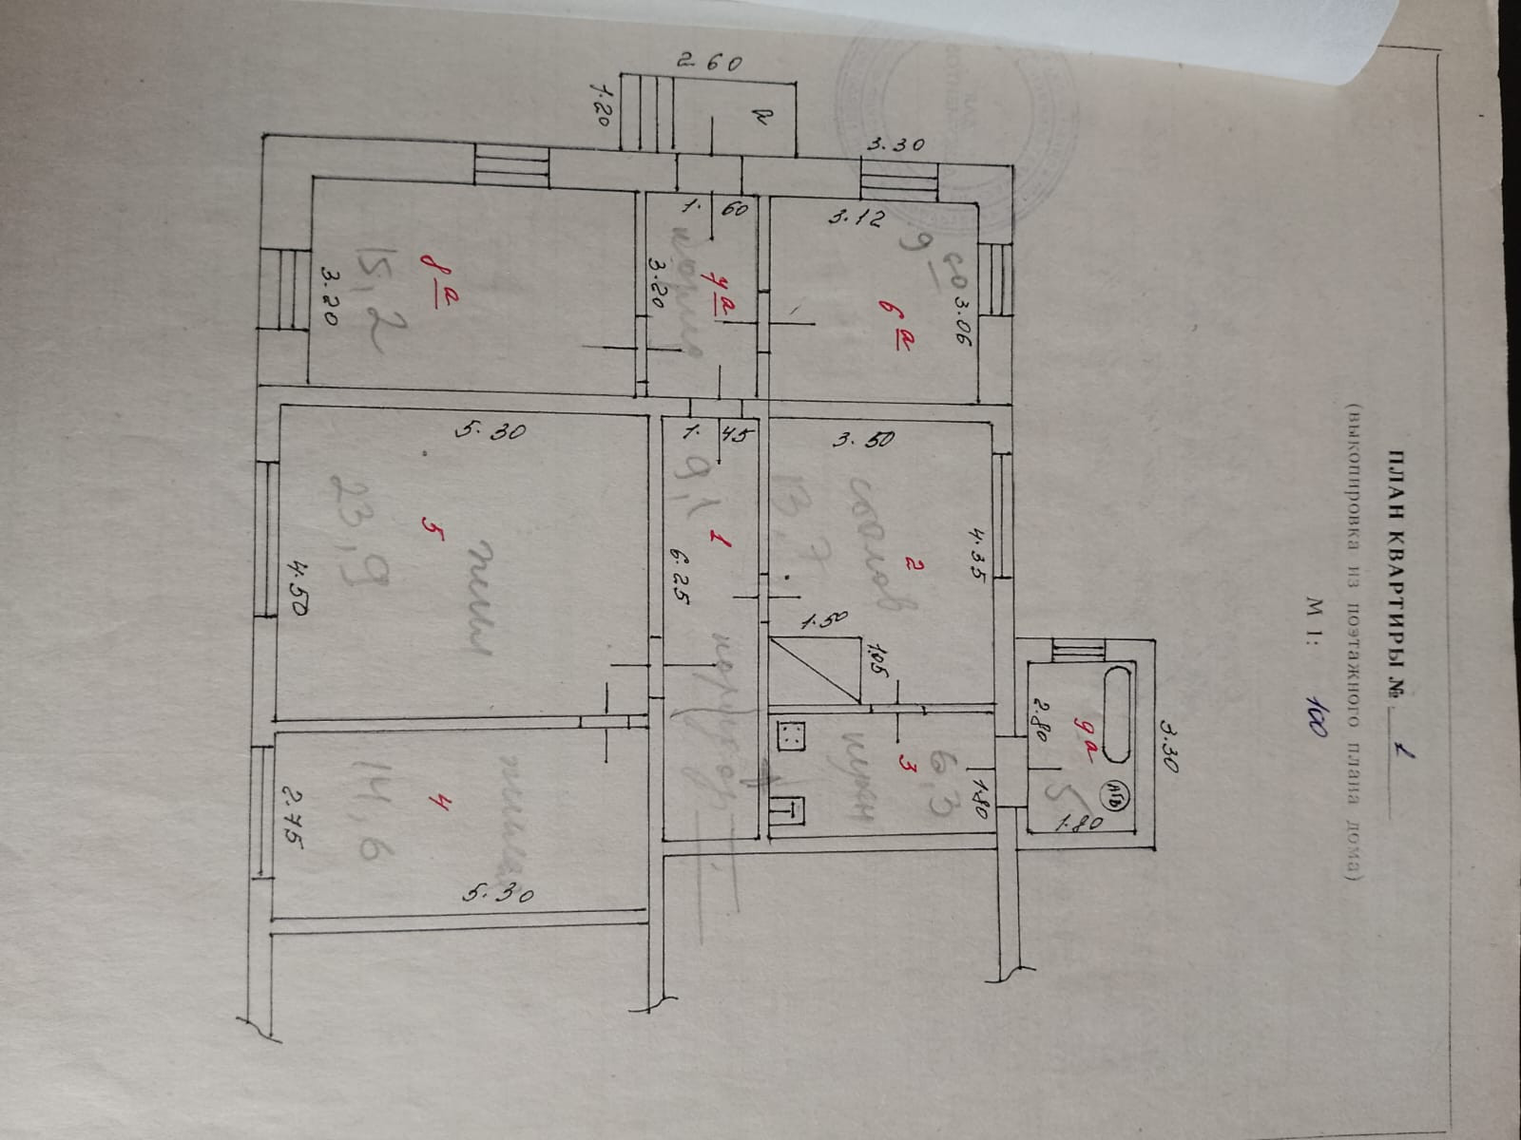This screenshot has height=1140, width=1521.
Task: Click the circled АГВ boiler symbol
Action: coord(1117,790)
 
